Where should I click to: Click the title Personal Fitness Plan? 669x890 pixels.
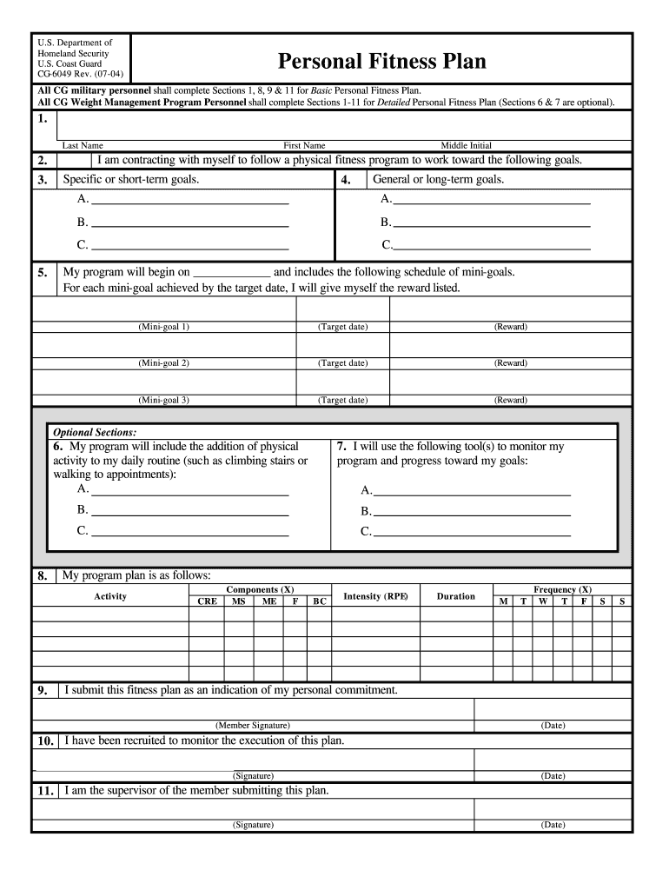(381, 62)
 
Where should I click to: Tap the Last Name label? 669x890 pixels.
(83, 145)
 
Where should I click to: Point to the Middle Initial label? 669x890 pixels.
(466, 145)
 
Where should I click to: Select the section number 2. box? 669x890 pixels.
(43, 161)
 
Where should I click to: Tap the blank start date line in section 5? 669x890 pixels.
(231, 273)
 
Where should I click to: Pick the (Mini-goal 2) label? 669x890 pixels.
(163, 363)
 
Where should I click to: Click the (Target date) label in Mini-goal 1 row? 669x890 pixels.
(342, 327)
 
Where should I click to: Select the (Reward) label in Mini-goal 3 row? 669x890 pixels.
(510, 400)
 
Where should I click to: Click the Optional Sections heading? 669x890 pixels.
(95, 432)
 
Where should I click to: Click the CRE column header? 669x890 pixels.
(208, 601)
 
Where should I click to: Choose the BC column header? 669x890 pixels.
(320, 601)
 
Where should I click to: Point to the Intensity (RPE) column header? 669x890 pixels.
(375, 596)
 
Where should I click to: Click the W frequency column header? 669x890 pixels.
(542, 601)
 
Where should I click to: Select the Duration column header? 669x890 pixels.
(455, 596)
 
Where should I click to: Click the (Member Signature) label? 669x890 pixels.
(252, 725)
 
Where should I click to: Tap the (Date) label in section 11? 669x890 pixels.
(553, 825)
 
